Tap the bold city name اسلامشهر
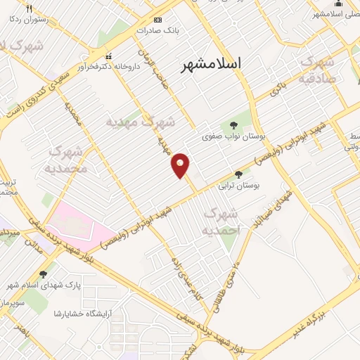tap(211, 64)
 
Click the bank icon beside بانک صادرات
tap(157, 20)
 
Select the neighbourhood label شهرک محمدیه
tap(68, 160)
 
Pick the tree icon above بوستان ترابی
tap(238, 174)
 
